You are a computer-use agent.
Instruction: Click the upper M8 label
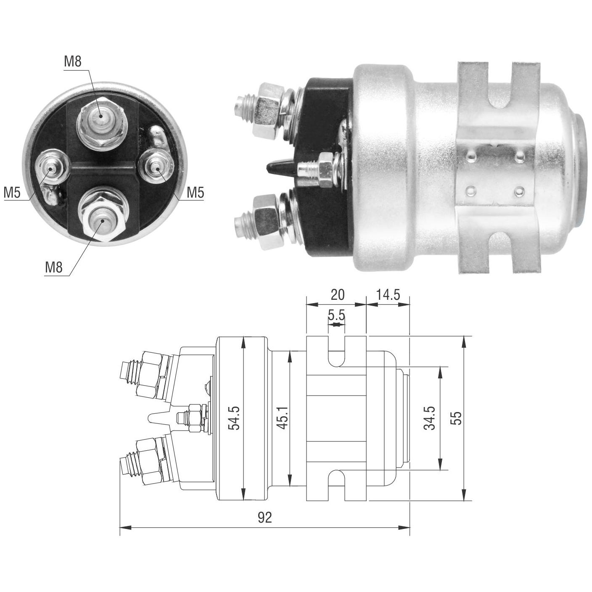[72, 62]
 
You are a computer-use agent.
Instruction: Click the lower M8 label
[54, 267]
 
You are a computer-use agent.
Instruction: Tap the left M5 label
[12, 193]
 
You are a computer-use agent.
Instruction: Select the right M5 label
[196, 193]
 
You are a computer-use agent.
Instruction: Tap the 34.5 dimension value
[429, 418]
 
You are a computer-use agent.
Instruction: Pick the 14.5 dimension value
[388, 295]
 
